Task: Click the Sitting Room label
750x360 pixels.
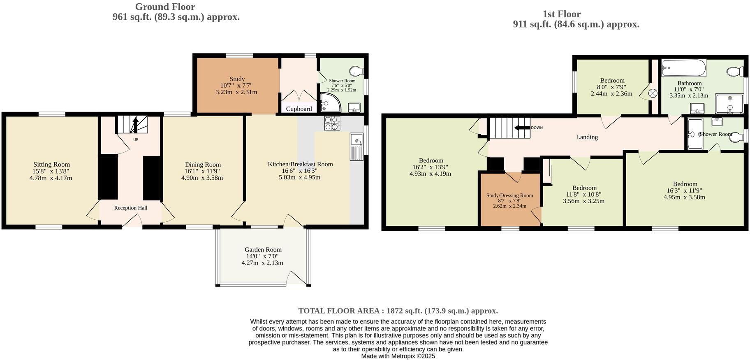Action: (x=51, y=165)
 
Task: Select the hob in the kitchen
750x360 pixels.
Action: (x=332, y=123)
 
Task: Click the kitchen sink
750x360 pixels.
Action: (x=356, y=146)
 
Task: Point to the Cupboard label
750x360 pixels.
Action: (x=299, y=109)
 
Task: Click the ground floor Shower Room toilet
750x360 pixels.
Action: (x=356, y=71)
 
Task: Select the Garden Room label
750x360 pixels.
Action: (x=263, y=250)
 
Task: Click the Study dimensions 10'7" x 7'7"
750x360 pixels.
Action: (x=236, y=86)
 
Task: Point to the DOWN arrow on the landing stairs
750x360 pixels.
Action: (x=522, y=128)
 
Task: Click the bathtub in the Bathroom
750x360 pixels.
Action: (x=683, y=68)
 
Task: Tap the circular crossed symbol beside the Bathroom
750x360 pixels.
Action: (x=653, y=93)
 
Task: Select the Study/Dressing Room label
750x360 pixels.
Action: (x=509, y=195)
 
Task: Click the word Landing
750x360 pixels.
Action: (x=587, y=137)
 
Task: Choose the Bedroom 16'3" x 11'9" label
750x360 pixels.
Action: (x=685, y=184)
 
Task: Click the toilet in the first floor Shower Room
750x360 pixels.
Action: (x=736, y=137)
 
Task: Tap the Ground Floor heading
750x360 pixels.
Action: (x=165, y=7)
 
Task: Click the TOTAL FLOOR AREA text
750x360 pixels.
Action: (x=398, y=311)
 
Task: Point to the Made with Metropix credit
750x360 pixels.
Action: (x=398, y=356)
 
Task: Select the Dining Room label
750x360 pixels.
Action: (x=203, y=165)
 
